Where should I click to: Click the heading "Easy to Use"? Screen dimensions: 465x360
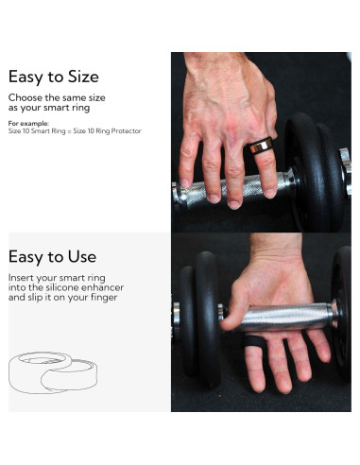pos(52,256)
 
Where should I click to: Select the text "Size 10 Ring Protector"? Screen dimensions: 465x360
pos(111,130)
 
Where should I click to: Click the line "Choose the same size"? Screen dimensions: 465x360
pos(56,97)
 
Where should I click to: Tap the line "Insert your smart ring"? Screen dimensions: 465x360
pos(60,276)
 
